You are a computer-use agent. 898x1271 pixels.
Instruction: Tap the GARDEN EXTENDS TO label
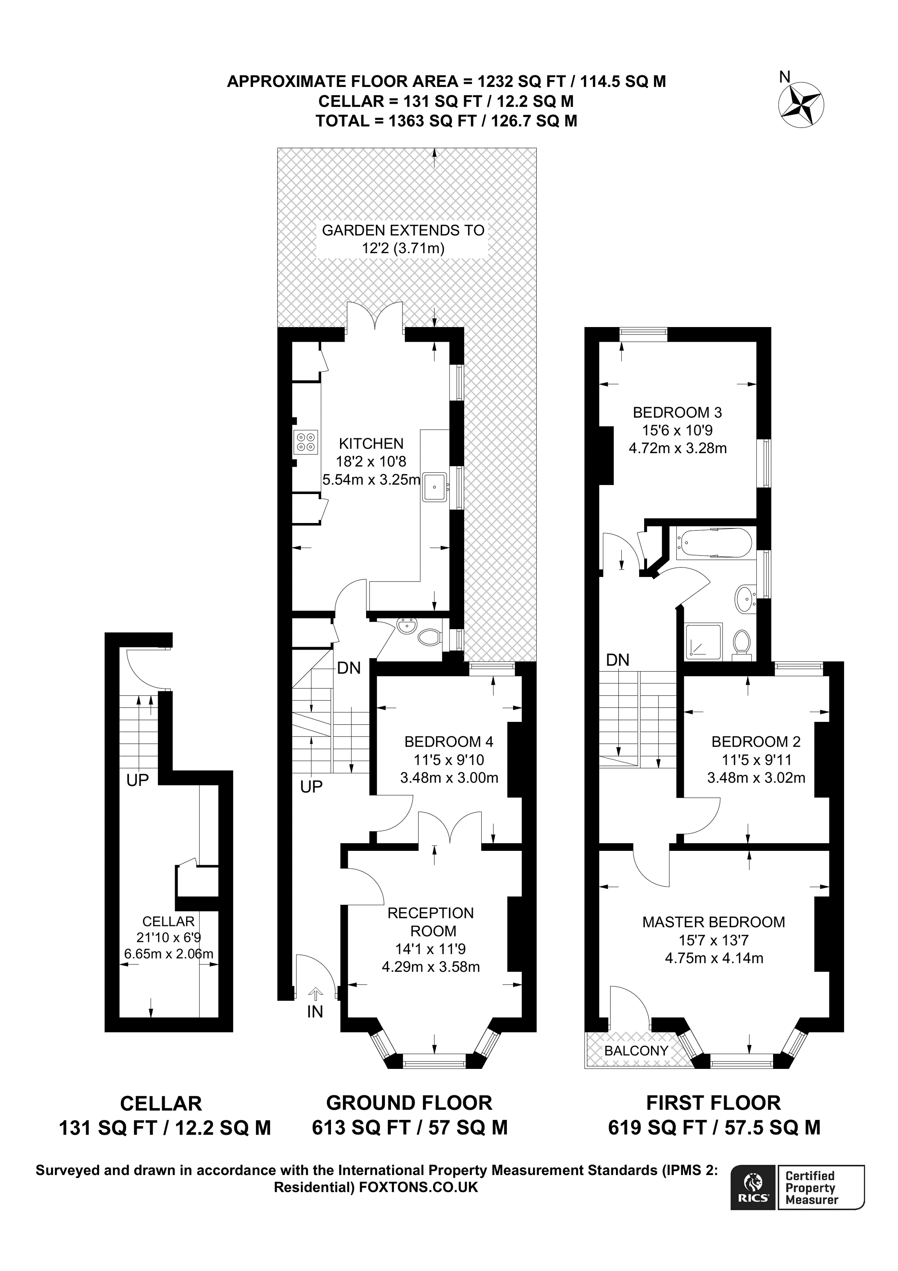coord(403,230)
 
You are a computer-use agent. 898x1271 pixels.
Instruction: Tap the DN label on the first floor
coord(618,659)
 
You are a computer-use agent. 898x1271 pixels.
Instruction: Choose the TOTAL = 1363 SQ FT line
coord(446,121)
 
